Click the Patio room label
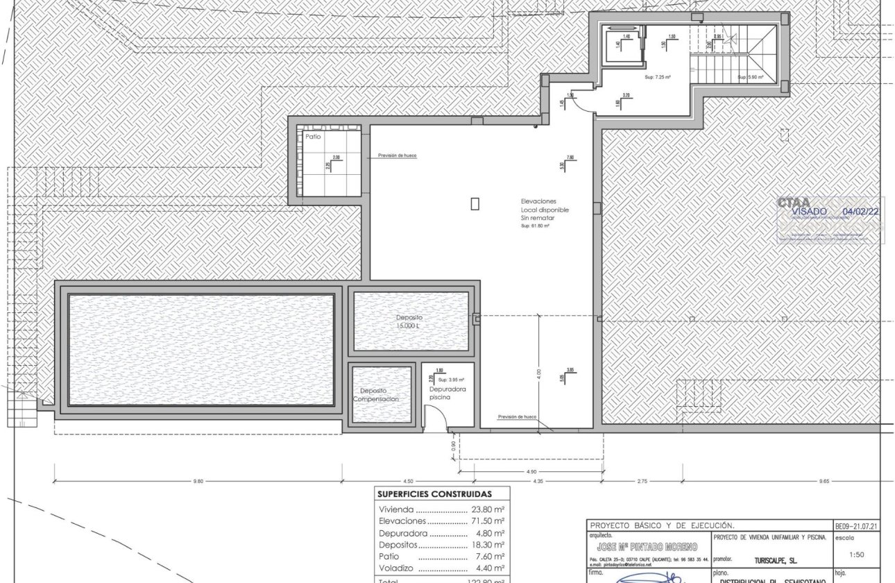click(313, 137)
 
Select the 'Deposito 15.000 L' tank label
click(409, 321)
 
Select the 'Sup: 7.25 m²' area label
click(658, 78)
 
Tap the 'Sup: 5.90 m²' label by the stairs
click(750, 78)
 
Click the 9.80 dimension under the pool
click(198, 481)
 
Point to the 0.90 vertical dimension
click(453, 448)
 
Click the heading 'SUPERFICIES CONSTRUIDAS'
click(434, 495)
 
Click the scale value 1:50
click(857, 555)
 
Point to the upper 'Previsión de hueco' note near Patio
click(398, 156)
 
